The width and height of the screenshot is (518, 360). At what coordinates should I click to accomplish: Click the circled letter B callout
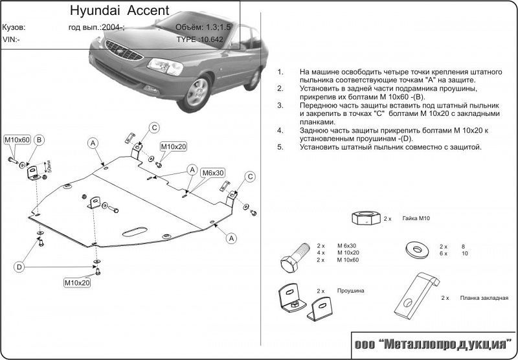[39, 140]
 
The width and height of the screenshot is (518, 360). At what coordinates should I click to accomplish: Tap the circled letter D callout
[19, 267]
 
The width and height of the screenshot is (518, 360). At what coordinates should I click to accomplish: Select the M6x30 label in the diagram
[213, 172]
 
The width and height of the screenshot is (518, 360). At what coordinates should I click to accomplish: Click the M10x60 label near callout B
[17, 140]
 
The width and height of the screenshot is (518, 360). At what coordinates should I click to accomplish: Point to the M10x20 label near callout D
[77, 283]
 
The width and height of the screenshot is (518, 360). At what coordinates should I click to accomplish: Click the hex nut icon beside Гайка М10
[366, 218]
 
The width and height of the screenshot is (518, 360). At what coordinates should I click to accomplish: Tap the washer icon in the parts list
[417, 249]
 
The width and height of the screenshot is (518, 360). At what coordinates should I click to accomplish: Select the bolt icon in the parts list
[295, 258]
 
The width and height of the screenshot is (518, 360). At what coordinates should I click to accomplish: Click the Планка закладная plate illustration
[417, 294]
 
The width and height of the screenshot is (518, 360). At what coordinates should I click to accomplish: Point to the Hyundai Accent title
[120, 10]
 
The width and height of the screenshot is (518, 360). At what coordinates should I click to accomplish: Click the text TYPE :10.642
[200, 39]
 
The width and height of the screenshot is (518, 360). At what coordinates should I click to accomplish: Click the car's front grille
[124, 50]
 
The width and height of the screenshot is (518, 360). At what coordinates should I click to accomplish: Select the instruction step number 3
[280, 106]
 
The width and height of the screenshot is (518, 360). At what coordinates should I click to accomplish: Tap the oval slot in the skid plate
[135, 232]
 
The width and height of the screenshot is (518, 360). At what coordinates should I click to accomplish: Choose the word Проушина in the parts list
[350, 291]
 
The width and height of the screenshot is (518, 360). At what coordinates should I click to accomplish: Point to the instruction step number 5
[280, 147]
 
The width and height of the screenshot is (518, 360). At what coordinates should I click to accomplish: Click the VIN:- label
[11, 39]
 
